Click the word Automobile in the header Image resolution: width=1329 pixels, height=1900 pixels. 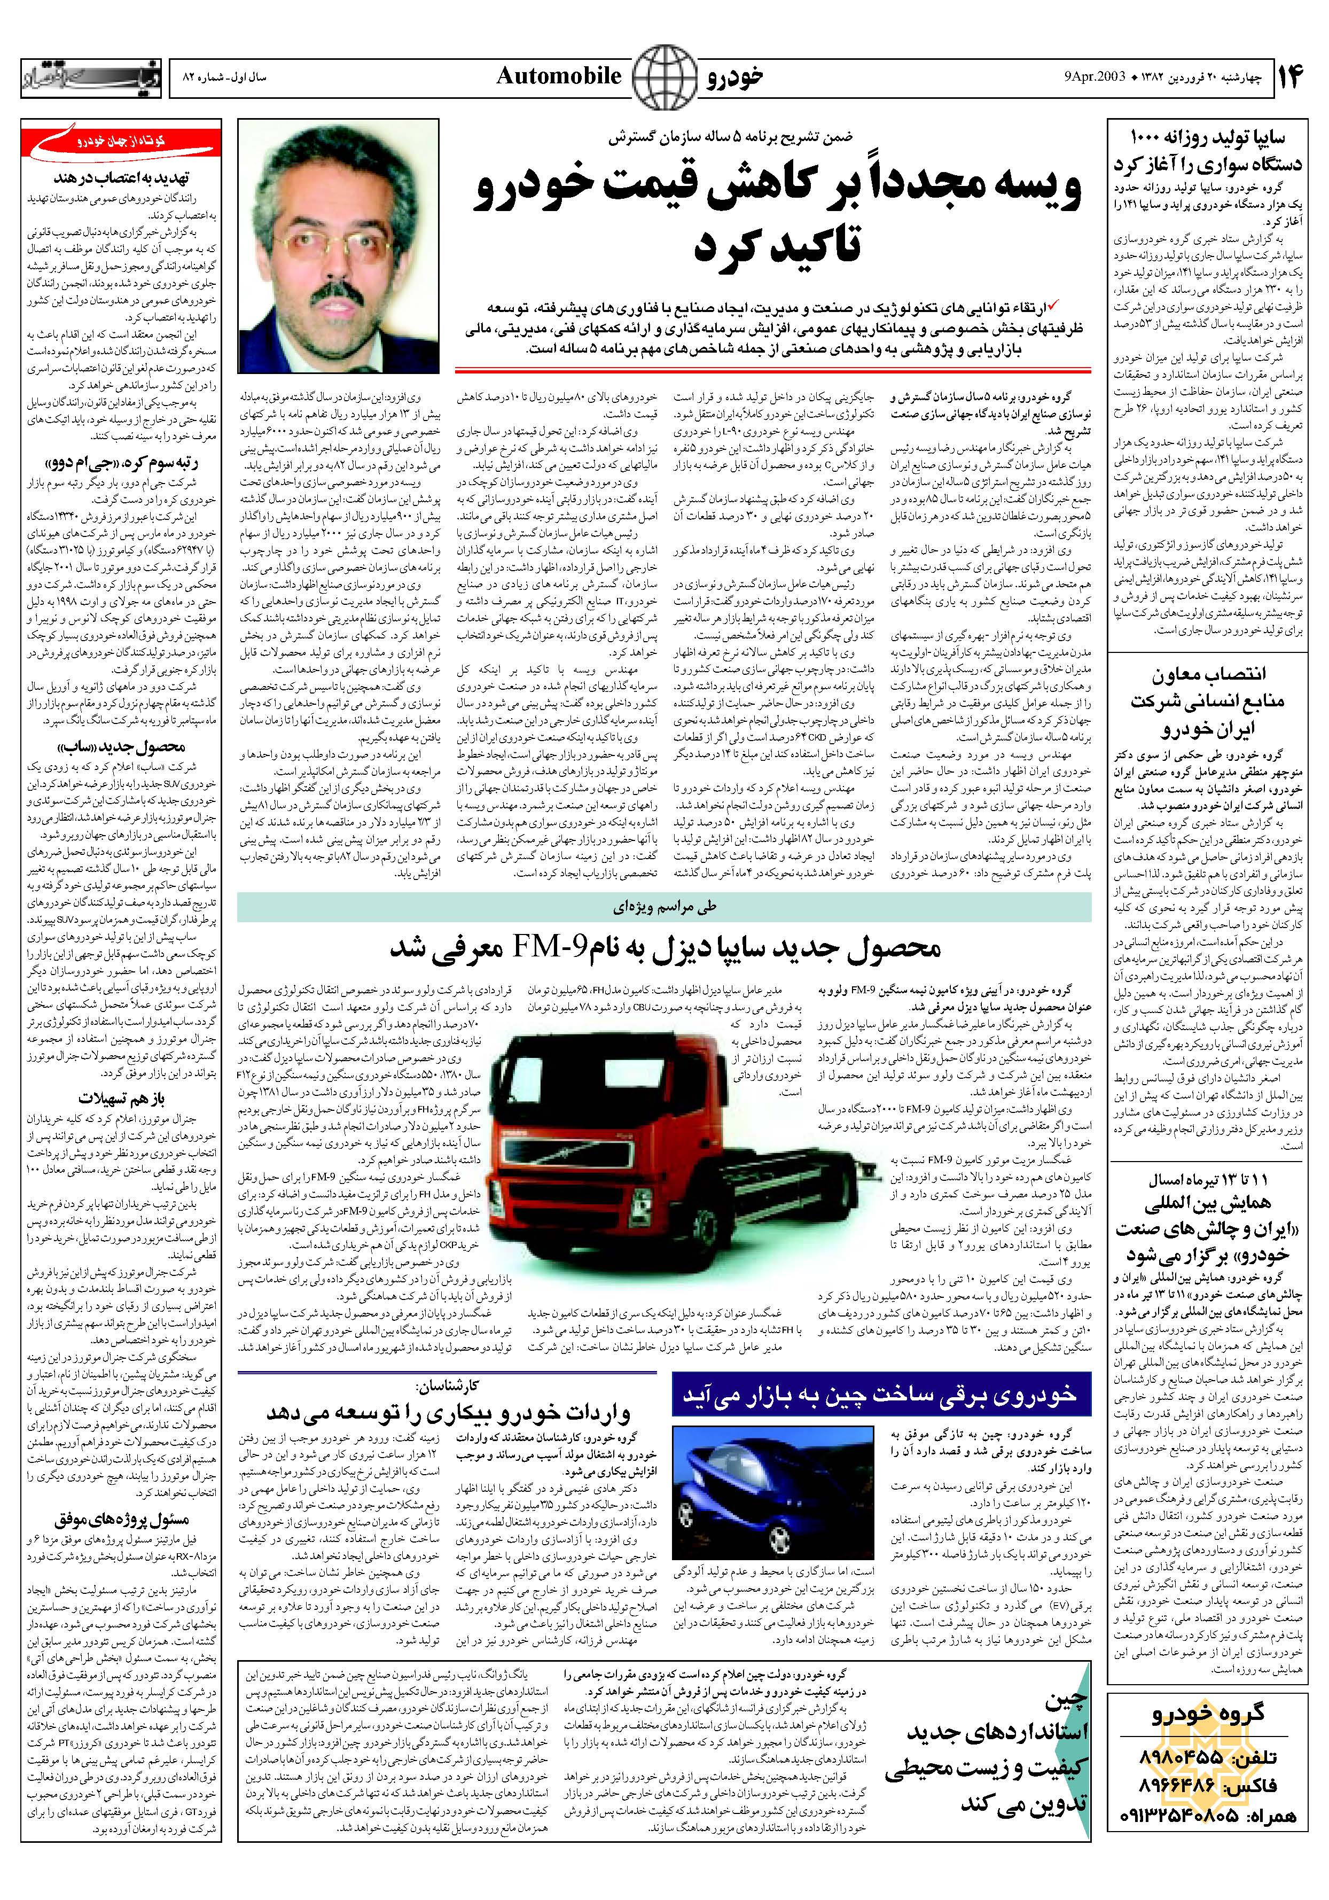click(x=559, y=76)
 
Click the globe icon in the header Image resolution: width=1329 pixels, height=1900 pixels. click(x=663, y=76)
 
